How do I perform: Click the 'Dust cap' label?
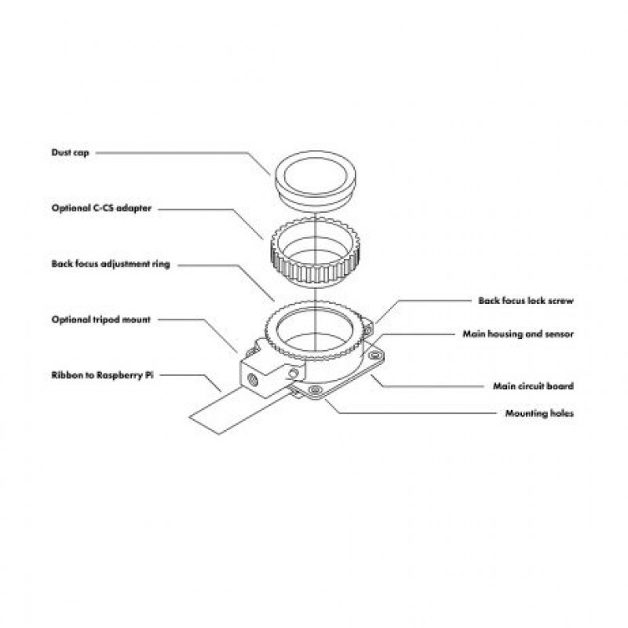70,152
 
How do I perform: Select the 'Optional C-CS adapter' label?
101,208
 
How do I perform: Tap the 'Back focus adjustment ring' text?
111,264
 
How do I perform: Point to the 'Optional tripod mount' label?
101,319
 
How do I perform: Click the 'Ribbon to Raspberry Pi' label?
102,375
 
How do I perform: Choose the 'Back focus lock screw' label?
526,301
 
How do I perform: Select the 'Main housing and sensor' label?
518,334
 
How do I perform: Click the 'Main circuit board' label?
534,386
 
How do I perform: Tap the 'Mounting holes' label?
539,414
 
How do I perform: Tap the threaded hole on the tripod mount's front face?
253,378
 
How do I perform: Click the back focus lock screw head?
367,330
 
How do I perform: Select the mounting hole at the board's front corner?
315,389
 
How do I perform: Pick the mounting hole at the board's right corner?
375,355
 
